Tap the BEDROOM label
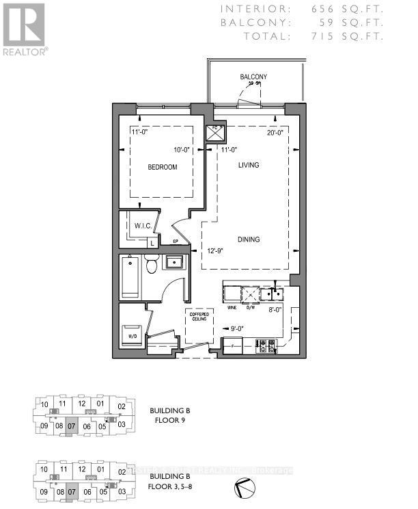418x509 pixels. pyautogui.click(x=164, y=167)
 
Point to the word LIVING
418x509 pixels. pyautogui.click(x=249, y=165)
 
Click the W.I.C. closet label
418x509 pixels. pyautogui.click(x=143, y=226)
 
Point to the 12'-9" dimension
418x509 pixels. pyautogui.click(x=216, y=251)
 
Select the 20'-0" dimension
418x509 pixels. pyautogui.click(x=277, y=134)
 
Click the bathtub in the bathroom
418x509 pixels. pyautogui.click(x=129, y=276)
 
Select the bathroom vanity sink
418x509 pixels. pyautogui.click(x=173, y=262)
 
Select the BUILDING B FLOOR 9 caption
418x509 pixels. pyautogui.click(x=169, y=415)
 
